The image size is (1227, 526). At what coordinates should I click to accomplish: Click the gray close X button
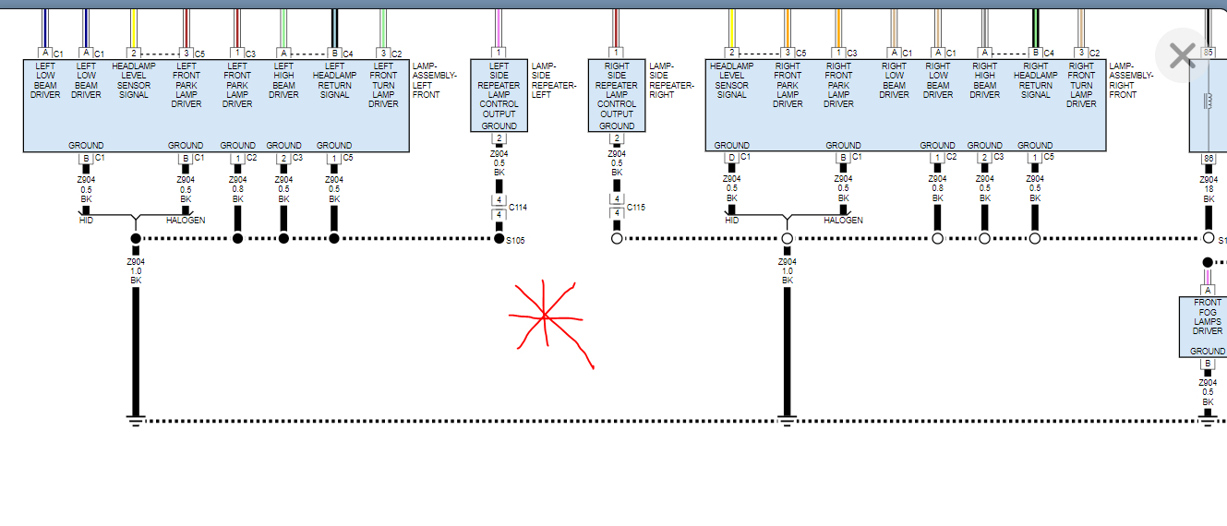[x=1182, y=55]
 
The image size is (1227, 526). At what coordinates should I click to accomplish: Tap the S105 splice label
[x=515, y=241]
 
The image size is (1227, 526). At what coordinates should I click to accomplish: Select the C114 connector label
[x=518, y=208]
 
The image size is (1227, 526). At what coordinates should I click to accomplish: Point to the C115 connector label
[x=636, y=208]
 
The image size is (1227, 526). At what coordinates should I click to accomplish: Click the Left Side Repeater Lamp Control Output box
[x=499, y=95]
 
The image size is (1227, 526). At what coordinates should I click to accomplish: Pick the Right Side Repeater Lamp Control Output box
[x=617, y=95]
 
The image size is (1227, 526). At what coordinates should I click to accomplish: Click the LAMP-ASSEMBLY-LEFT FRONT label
[x=433, y=80]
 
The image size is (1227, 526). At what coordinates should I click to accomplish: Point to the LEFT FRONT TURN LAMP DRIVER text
[x=383, y=85]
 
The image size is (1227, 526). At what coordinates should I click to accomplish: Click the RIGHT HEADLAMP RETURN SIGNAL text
[x=1035, y=80]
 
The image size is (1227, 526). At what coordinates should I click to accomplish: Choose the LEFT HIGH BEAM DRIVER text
[x=283, y=80]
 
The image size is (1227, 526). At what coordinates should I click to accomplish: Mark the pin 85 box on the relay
[x=1207, y=53]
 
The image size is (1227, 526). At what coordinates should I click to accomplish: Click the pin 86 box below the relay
[x=1207, y=159]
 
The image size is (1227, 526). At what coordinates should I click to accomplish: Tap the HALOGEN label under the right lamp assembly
[x=843, y=221]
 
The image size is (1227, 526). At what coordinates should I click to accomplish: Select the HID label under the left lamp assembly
[x=86, y=221]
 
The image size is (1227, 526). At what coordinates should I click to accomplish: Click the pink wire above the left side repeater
[x=499, y=28]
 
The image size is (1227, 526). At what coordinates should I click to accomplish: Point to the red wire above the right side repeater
[x=617, y=28]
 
